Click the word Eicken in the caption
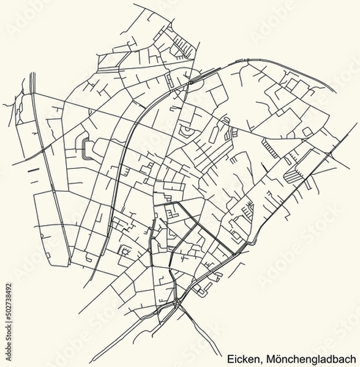point(243,359)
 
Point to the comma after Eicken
point(260,361)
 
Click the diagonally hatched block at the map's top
point(183,45)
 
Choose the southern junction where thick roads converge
point(176,302)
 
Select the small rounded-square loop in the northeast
point(307,132)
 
